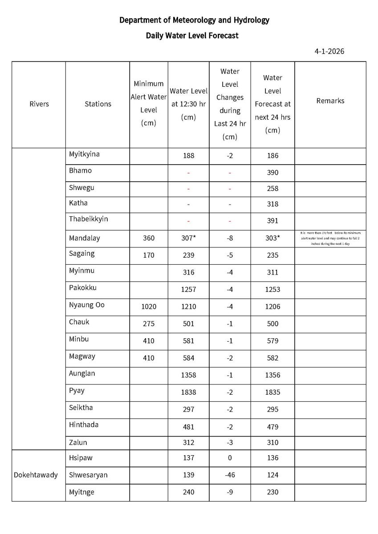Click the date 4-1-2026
coord(329,51)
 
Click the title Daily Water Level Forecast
coord(192,36)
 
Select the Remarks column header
coord(330,101)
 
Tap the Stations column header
coord(98,104)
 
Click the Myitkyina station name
coord(84,154)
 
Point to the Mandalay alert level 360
coord(149,238)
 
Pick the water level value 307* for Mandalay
coord(188,238)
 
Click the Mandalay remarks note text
coord(330,238)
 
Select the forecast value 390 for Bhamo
coord(272,173)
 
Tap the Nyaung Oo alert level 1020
coord(149,307)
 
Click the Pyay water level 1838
coord(188,392)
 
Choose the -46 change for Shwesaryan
coord(230,475)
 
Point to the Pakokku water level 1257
coord(188,289)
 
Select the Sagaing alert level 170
coord(149,255)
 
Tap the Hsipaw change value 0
coord(230,458)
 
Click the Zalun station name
coord(78,442)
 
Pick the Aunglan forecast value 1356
coord(272,375)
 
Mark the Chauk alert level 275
coord(149,324)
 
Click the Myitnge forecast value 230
coord(272,492)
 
